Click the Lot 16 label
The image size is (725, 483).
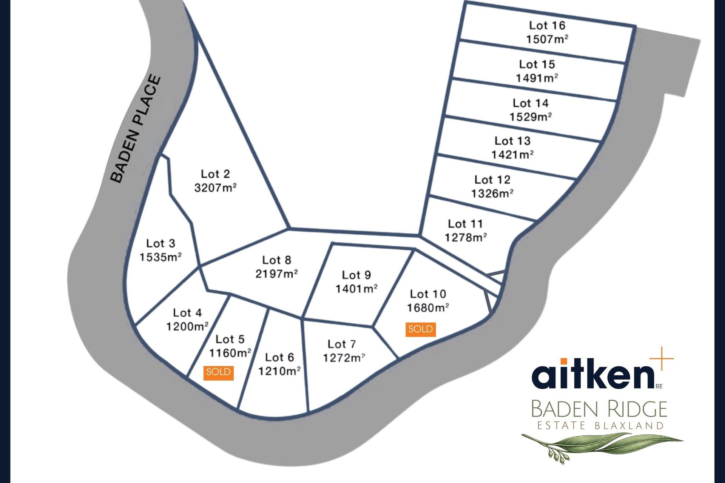547,26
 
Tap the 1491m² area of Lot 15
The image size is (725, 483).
537,78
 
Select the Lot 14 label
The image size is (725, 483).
530,103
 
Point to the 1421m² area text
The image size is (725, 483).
512,155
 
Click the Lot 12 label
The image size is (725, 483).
492,180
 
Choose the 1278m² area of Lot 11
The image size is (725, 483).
465,238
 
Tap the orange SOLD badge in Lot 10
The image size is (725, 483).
421,329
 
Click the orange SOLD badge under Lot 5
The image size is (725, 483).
218,372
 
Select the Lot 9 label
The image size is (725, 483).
356,275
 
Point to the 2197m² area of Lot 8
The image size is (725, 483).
276,274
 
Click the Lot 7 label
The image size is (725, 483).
342,344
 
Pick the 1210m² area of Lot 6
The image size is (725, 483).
279,371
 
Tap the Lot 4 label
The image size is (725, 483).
187,313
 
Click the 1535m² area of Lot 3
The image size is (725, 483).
160,257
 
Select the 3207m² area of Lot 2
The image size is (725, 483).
215,188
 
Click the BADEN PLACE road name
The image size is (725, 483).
136,129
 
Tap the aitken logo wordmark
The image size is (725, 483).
593,373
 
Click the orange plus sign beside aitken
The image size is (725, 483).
662,358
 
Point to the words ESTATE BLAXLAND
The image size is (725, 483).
600,426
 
